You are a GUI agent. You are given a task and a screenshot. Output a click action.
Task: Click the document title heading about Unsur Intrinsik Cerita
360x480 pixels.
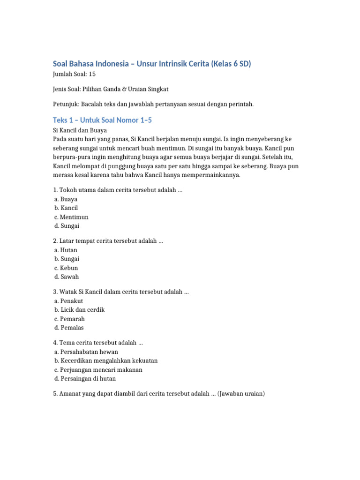tap(152, 64)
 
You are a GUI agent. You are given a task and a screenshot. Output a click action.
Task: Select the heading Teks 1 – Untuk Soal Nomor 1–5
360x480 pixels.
tap(102, 120)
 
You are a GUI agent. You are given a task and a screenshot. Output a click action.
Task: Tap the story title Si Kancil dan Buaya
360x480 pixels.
tap(80, 130)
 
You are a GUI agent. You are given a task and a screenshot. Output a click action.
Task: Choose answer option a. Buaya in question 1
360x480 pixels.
tap(66, 199)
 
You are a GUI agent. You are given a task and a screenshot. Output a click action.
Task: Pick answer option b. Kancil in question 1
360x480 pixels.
tap(66, 208)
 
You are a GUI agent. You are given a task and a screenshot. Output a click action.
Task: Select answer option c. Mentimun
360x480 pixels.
tap(71, 217)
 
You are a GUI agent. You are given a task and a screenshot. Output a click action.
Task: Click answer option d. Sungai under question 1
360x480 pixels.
tap(67, 226)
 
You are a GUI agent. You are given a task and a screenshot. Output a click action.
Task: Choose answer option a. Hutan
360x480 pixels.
tap(66, 250)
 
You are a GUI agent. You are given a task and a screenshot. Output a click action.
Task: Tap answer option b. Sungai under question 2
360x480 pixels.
tap(67, 259)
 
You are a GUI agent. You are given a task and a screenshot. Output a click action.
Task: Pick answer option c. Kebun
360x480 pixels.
tap(66, 268)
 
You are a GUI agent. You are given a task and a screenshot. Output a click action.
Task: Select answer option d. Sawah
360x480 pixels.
tap(67, 277)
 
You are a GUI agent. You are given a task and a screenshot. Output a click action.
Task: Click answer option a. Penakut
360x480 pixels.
tap(69, 301)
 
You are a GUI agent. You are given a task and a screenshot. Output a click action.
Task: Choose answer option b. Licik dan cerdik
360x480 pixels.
tap(80, 310)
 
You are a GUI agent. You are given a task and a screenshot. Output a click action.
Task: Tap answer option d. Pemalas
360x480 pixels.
tap(69, 328)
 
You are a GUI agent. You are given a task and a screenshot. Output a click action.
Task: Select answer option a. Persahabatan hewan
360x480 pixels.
tap(86, 352)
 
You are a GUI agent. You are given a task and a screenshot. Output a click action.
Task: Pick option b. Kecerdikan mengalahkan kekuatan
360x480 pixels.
tap(106, 361)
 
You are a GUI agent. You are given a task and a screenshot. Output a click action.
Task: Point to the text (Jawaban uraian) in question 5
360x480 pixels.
tap(241, 394)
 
